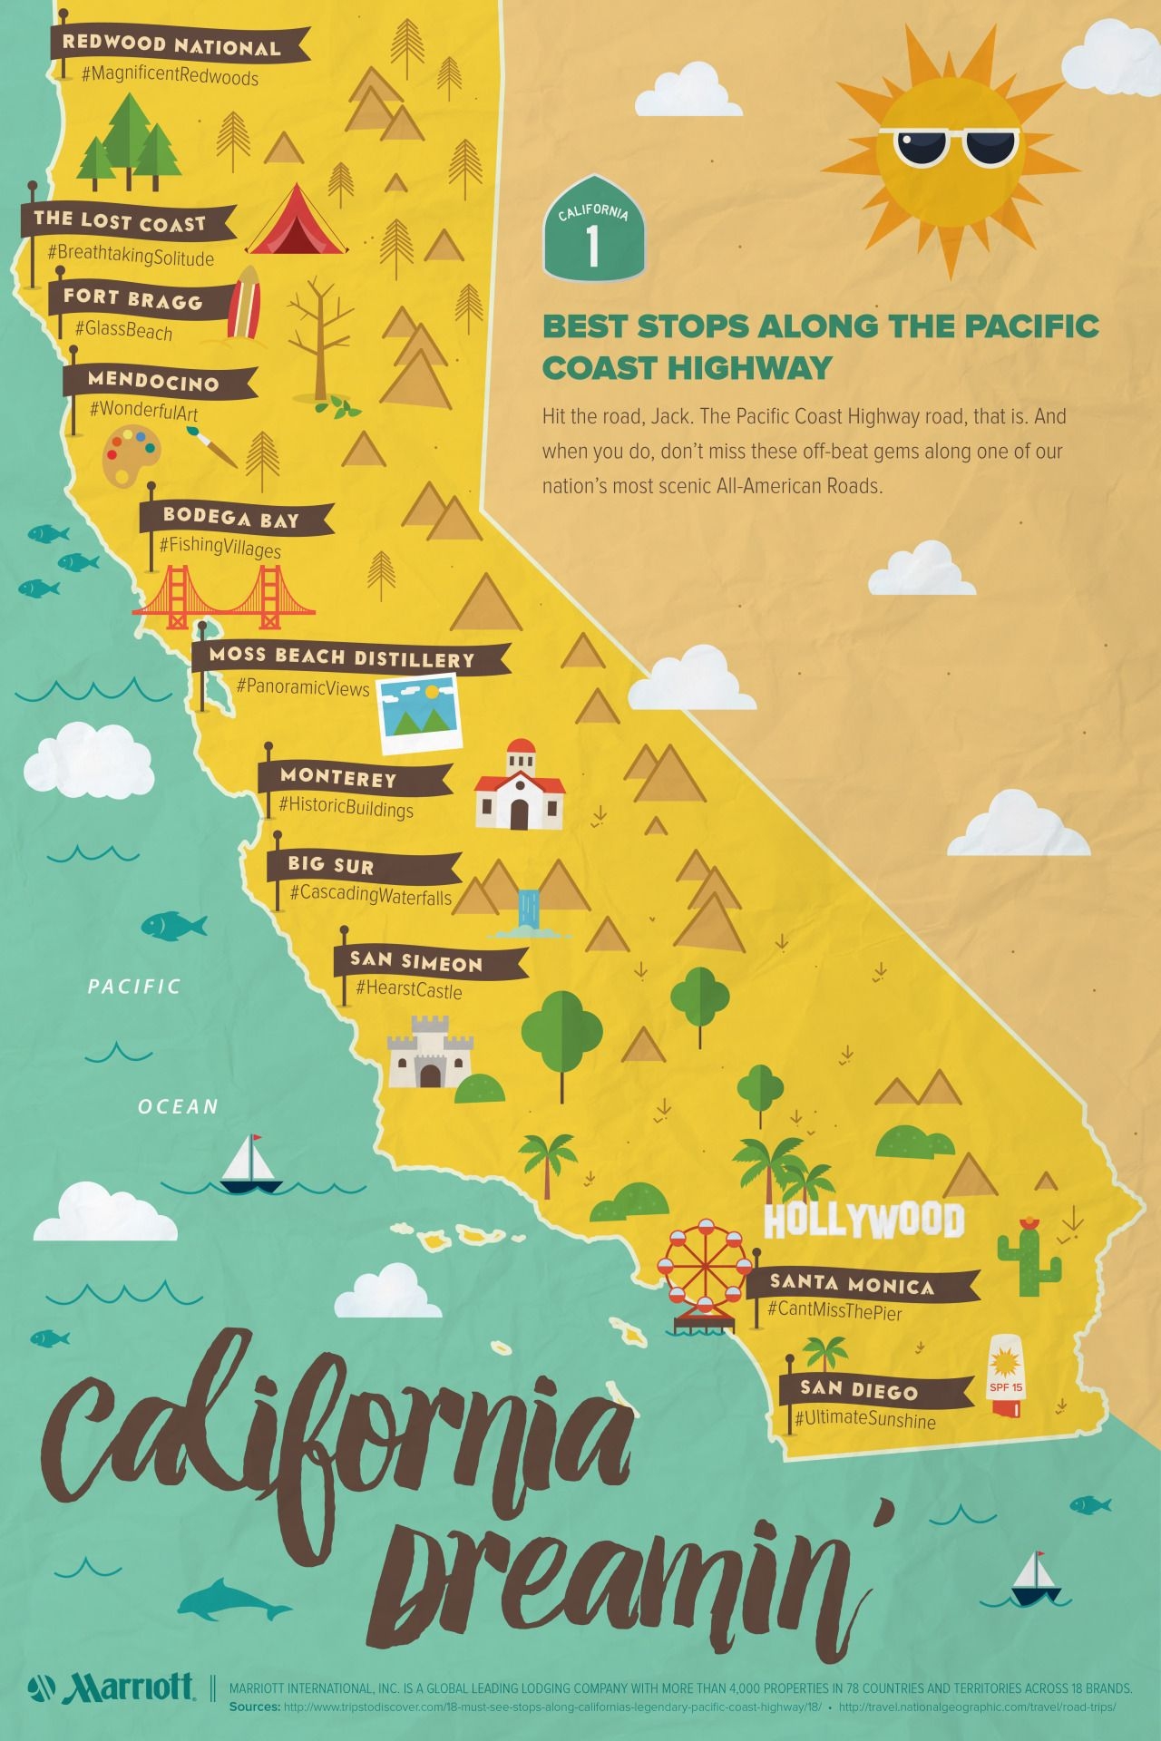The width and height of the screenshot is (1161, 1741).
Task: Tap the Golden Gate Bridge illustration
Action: point(224,598)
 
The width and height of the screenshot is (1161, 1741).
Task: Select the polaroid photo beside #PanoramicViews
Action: point(419,713)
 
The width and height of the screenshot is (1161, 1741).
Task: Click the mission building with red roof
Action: point(520,787)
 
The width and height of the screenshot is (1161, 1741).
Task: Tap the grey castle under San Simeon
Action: point(430,1053)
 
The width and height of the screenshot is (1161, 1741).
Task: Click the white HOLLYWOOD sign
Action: point(863,1221)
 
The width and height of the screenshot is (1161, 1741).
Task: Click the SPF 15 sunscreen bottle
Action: point(1005,1376)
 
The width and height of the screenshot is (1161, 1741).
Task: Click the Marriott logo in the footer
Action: point(112,1687)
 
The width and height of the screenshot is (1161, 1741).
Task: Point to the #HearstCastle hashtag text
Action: point(409,989)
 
